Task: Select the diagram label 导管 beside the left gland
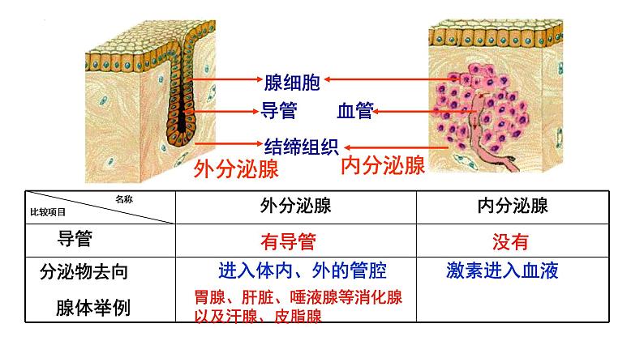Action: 277,110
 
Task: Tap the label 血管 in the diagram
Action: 354,111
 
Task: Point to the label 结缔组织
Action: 301,146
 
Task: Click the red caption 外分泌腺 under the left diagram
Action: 236,170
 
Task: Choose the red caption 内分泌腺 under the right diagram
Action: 383,166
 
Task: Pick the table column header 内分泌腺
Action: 513,206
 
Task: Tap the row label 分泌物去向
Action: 84,272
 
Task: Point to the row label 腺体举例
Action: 91,308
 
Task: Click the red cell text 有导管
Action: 288,241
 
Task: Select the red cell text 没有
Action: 510,241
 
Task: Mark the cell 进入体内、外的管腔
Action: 302,270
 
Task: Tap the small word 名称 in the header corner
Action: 123,198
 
